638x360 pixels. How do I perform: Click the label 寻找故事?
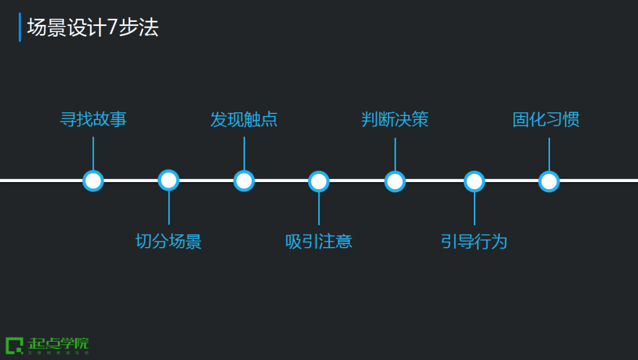click(93, 120)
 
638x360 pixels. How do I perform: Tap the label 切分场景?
click(169, 241)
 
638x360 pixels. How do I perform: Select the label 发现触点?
click(244, 120)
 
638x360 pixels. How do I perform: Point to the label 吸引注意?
click(319, 241)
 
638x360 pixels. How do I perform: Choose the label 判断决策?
click(395, 120)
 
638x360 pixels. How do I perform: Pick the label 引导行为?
click(474, 241)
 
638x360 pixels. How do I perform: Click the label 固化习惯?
click(546, 120)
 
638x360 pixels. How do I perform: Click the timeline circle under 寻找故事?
click(93, 181)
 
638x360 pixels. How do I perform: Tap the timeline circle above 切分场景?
click(169, 181)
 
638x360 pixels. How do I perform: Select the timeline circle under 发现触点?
click(244, 181)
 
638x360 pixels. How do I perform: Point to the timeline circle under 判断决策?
click(395, 181)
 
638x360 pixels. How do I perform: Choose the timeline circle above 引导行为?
click(474, 181)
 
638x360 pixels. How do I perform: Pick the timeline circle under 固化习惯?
click(549, 181)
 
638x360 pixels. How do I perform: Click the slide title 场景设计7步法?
click(93, 28)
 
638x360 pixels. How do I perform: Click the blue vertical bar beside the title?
click(19, 27)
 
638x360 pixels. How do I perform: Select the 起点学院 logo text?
click(58, 343)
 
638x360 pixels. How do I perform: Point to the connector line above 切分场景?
click(169, 207)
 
